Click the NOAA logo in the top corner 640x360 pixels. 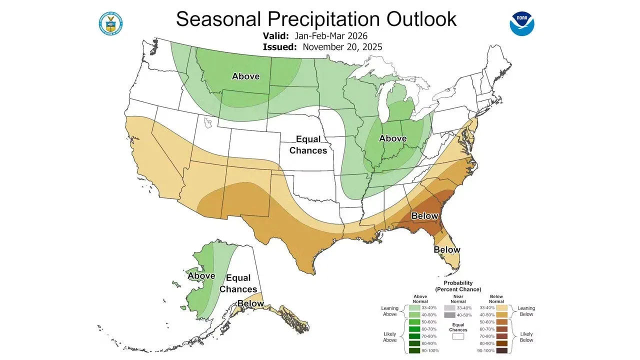522,23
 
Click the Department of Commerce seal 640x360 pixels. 111,23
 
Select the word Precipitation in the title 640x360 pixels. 316,19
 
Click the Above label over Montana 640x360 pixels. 245,76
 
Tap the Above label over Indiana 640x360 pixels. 392,138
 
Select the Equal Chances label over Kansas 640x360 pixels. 308,144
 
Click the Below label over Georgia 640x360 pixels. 424,216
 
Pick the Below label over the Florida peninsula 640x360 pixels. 446,249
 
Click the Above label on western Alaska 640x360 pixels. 201,275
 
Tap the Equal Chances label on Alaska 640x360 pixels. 238,283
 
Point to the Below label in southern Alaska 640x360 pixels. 250,303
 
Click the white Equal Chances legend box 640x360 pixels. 458,336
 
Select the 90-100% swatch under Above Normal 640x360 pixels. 414,350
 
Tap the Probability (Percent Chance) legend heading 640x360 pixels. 458,286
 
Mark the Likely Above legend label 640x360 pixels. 389,336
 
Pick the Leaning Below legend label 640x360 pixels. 526,311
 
